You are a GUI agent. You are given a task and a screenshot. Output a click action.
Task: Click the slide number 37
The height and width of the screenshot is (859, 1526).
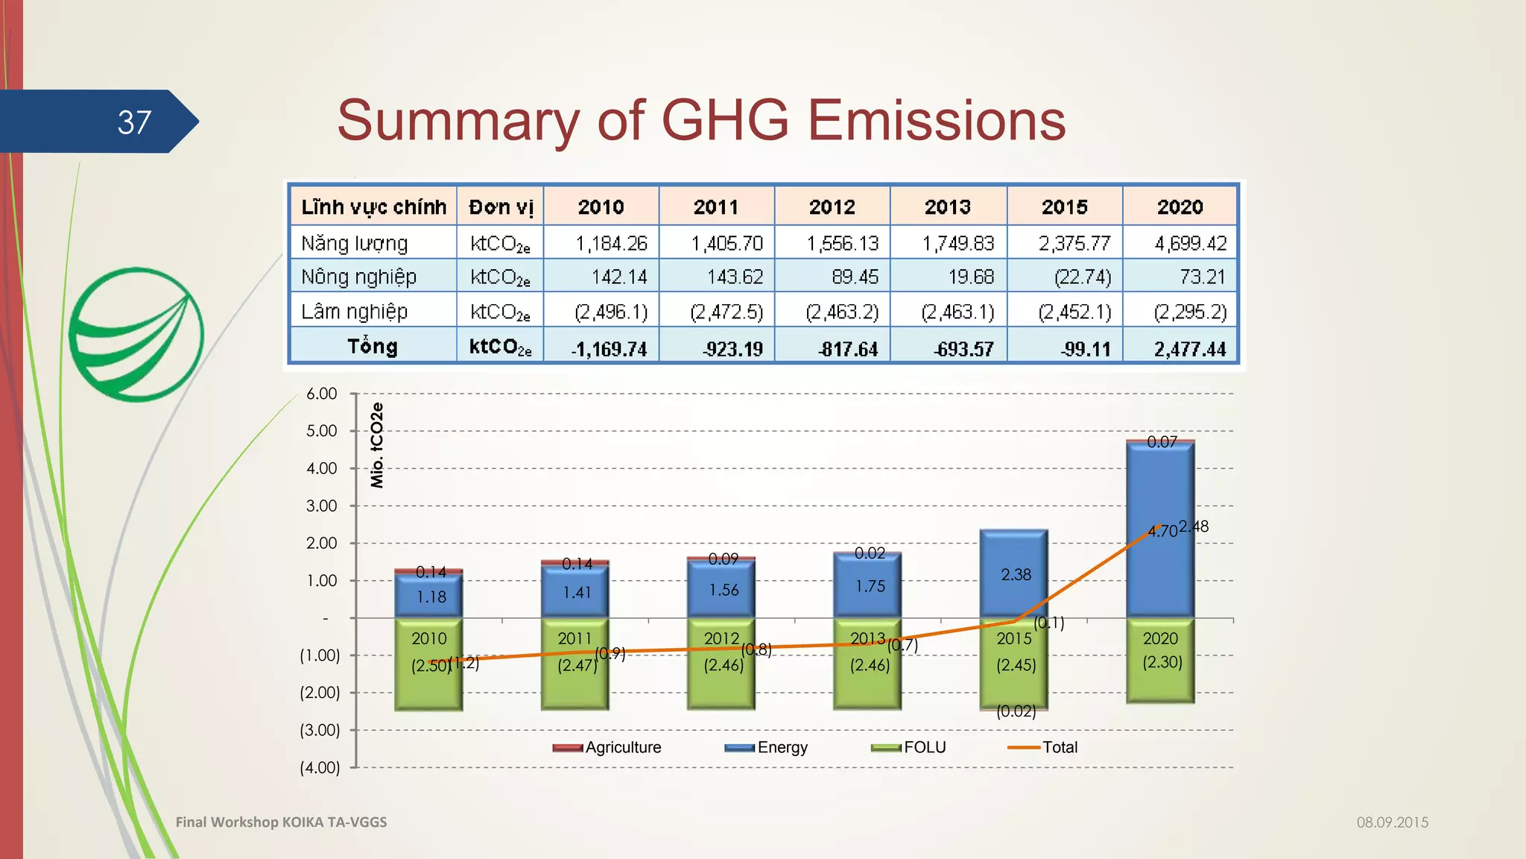tap(134, 122)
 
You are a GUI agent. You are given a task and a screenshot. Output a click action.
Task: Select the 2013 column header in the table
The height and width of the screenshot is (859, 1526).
tap(948, 207)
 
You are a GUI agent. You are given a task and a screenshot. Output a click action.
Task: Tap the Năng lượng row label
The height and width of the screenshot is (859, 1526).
tap(355, 243)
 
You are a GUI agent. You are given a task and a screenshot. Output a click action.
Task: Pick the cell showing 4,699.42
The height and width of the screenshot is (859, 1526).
tap(1190, 243)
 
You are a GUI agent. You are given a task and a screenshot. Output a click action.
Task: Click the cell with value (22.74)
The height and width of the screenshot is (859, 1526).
tap(1082, 277)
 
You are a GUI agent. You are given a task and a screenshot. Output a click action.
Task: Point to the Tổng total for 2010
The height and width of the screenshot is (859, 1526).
tap(609, 349)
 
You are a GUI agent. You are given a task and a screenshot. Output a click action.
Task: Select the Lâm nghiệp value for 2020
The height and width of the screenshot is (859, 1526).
tap(1190, 312)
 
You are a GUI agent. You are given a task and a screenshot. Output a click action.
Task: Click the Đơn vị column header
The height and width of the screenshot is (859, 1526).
tap(501, 207)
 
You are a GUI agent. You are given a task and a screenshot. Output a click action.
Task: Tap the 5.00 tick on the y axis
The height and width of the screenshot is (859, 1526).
tap(322, 431)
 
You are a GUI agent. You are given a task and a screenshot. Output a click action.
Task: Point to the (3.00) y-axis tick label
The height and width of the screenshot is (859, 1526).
tap(320, 730)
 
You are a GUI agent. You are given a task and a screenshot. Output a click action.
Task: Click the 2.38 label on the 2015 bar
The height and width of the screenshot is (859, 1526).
tap(1016, 574)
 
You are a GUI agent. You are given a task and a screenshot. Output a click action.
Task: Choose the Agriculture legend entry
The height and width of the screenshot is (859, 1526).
tap(607, 747)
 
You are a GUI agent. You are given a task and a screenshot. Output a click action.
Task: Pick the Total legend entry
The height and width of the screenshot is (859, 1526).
tap(1043, 747)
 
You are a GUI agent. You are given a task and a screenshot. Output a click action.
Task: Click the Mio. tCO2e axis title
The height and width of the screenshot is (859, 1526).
tap(377, 445)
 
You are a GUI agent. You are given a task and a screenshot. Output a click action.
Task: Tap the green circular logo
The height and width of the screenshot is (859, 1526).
tap(136, 334)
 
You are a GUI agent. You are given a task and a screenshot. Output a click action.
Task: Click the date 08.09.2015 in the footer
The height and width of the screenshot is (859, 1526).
tap(1392, 822)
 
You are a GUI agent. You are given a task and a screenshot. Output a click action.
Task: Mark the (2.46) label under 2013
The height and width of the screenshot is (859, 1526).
tap(870, 665)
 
